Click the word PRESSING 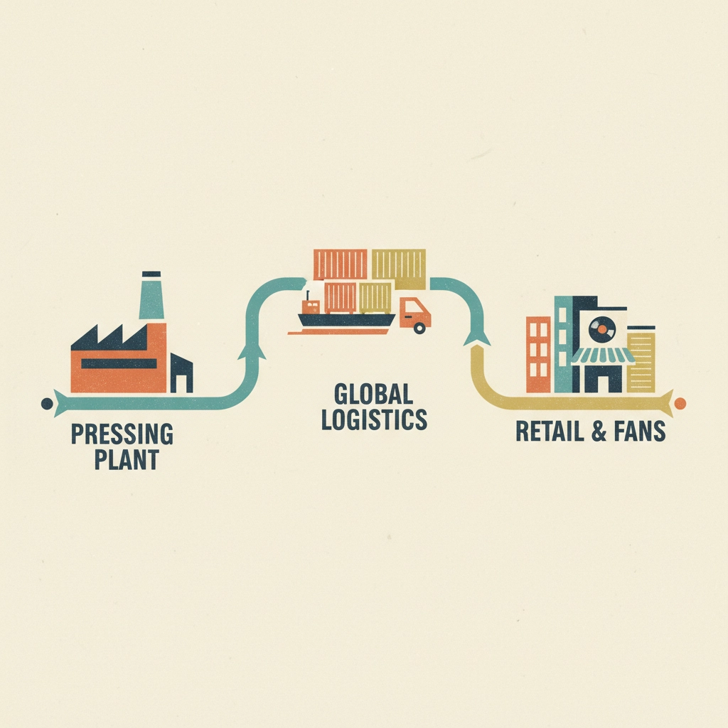[122, 434]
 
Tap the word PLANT [127, 459]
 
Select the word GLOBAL [373, 394]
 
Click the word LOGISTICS [374, 419]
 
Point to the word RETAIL [550, 431]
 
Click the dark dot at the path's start [47, 404]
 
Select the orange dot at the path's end [680, 404]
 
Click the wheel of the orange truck [419, 328]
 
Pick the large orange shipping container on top [341, 265]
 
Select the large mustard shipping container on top [399, 268]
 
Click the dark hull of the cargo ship [346, 321]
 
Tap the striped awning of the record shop [603, 355]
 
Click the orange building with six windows [539, 354]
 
